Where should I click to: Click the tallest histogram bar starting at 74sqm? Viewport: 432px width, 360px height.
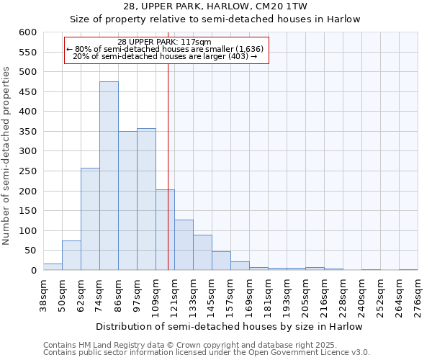[x=109, y=176]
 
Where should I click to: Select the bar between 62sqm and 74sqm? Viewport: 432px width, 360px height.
[x=90, y=220]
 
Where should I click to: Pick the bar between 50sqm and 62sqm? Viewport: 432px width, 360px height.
[x=71, y=256]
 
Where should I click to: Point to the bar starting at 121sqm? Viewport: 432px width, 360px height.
[x=184, y=245]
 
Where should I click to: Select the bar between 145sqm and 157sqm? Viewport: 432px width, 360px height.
[x=221, y=261]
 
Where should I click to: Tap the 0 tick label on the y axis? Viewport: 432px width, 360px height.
[x=33, y=271]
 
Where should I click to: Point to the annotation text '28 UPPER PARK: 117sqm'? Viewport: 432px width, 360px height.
[x=165, y=42]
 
